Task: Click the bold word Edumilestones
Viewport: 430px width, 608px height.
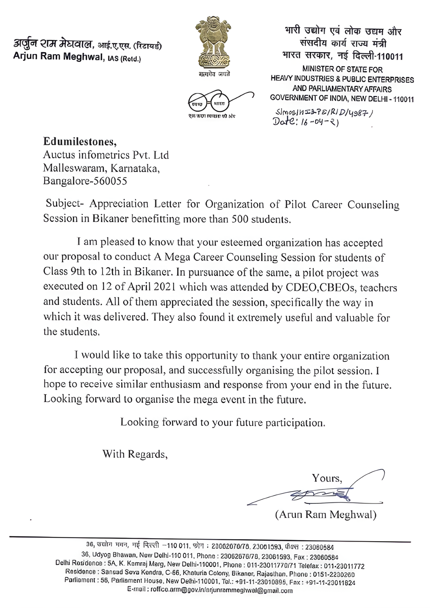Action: point(79,141)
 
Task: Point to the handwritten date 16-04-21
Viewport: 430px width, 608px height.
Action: point(305,122)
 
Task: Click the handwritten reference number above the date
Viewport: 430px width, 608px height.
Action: point(324,112)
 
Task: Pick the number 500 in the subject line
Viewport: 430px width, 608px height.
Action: point(240,219)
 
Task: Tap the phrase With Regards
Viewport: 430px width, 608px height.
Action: point(135,454)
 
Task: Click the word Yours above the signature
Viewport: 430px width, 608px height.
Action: point(327,478)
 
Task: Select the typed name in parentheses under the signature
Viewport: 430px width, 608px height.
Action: point(326,515)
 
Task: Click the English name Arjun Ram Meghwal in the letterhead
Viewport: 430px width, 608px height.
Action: point(58,57)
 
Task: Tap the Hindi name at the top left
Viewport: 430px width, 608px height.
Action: point(53,45)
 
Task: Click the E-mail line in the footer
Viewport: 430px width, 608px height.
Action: point(210,591)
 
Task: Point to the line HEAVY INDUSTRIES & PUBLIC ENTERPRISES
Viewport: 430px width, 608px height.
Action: point(342,79)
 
